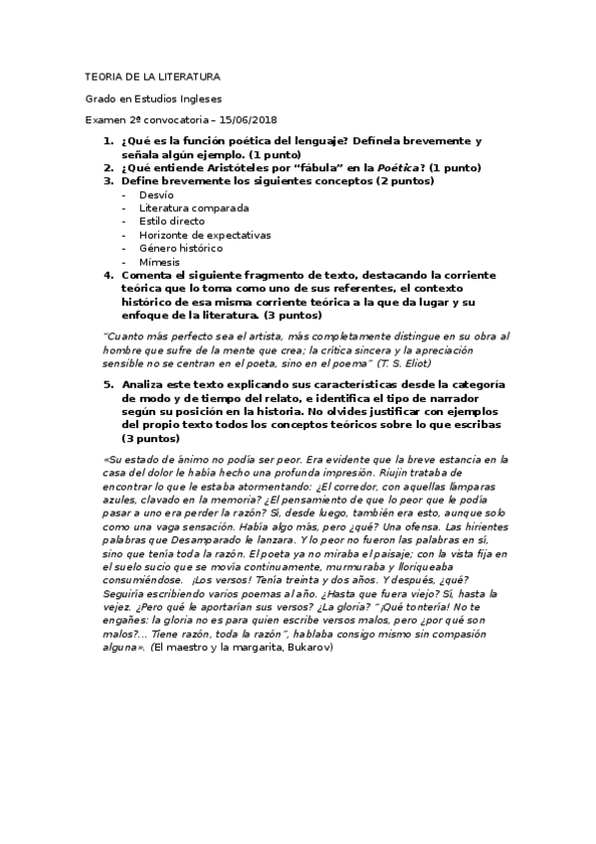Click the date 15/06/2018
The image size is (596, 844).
pyautogui.click(x=247, y=120)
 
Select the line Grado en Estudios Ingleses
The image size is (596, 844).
pyautogui.click(x=153, y=99)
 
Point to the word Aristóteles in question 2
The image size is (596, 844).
pyautogui.click(x=211, y=168)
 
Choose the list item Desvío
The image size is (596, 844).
pyautogui.click(x=156, y=195)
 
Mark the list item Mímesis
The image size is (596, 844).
pyautogui.click(x=160, y=262)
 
